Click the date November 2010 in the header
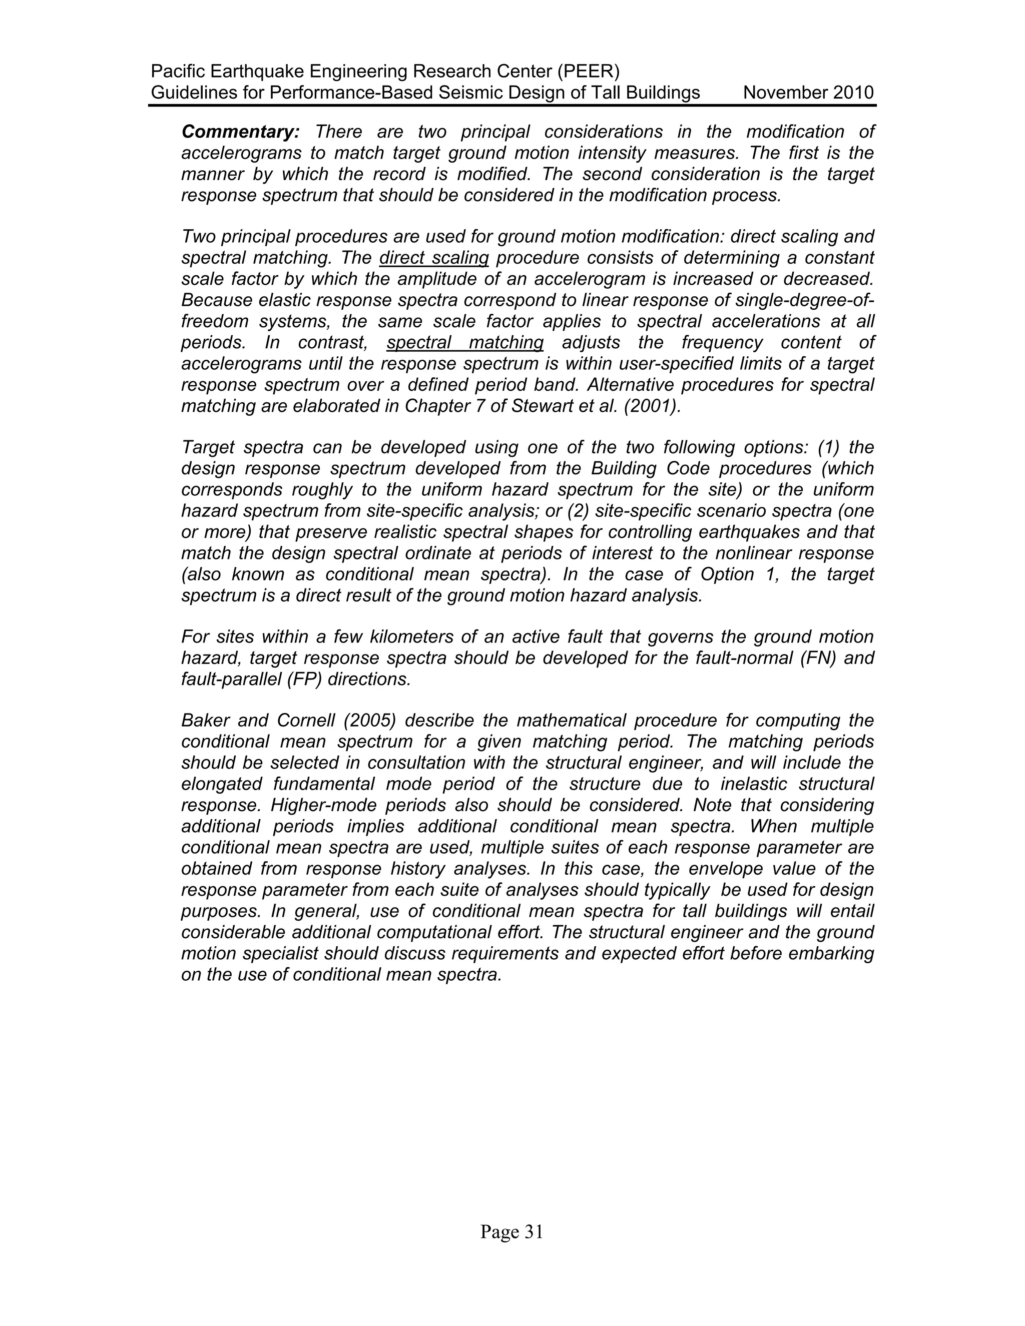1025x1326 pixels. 808,93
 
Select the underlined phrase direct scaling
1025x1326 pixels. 433,258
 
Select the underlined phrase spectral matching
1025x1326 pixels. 464,343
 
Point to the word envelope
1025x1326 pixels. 686,869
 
